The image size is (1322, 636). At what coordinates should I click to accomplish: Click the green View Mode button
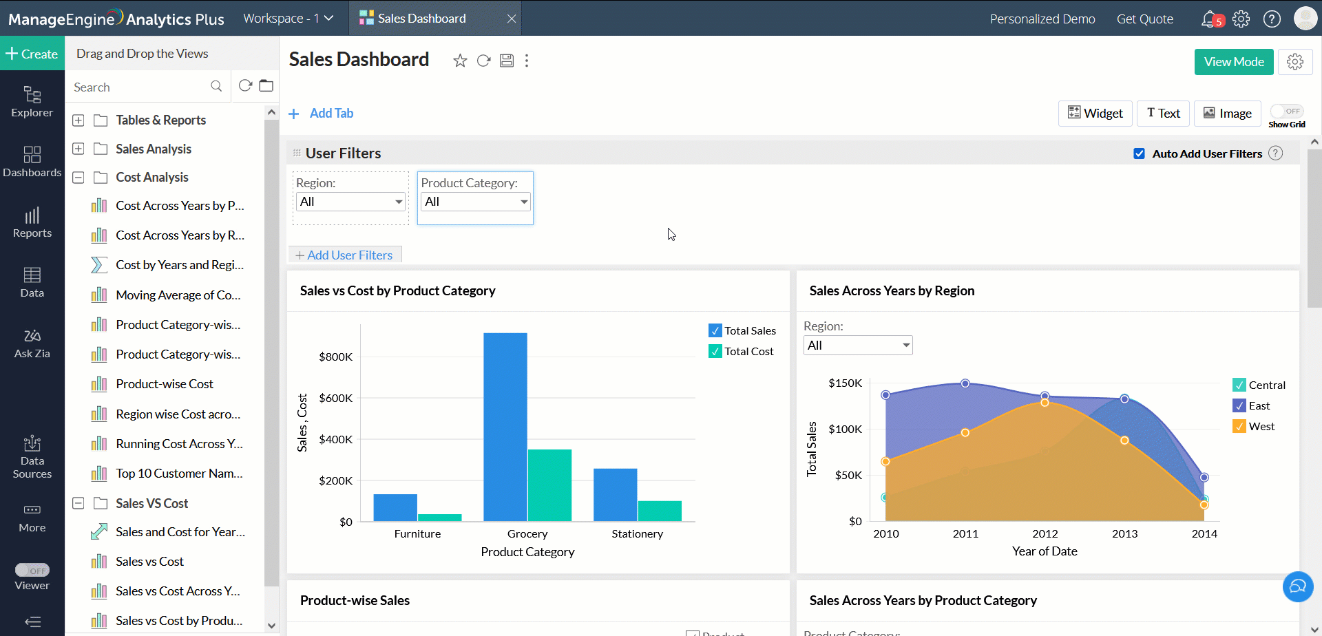(1233, 62)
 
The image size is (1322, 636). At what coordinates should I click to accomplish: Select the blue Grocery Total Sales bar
(505, 427)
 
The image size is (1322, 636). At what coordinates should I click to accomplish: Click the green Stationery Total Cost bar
(660, 511)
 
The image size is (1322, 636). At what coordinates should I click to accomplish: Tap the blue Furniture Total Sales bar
(395, 507)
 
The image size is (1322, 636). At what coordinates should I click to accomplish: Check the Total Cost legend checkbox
(715, 352)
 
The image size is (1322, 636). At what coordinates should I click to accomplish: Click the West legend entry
(1261, 427)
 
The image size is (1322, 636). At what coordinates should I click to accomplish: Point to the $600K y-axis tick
(335, 398)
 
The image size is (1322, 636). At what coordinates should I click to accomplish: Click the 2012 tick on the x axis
(1045, 533)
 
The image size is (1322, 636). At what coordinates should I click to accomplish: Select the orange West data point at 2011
(965, 433)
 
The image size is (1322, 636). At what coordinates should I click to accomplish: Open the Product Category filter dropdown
(475, 202)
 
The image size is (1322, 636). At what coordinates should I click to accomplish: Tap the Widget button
(1095, 114)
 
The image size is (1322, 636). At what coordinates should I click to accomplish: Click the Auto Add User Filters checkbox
(1140, 153)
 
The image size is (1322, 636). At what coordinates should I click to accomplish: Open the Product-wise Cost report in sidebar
(165, 384)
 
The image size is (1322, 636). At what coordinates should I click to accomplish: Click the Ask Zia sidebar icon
(32, 343)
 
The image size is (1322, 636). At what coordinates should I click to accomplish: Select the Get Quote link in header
(1144, 19)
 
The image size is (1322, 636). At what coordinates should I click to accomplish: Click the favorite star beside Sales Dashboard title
(460, 61)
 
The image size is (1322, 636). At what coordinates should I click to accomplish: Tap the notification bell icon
(1209, 19)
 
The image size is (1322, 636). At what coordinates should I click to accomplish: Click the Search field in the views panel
(138, 87)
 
